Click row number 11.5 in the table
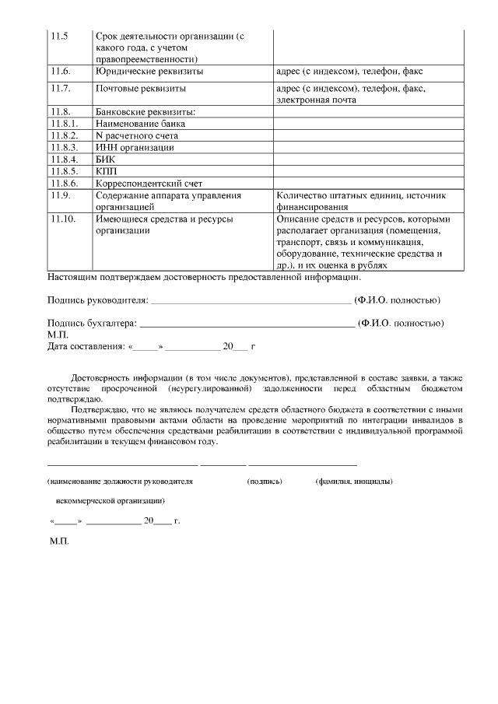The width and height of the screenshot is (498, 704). (59, 37)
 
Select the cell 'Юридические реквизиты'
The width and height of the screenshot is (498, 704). (149, 71)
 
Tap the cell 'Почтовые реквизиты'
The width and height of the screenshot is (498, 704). (142, 89)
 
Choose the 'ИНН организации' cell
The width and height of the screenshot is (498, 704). (135, 147)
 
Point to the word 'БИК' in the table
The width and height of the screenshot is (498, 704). (104, 159)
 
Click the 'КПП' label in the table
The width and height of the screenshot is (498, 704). (105, 170)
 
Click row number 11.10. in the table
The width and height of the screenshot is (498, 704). (62, 219)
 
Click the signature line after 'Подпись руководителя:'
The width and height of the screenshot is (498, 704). (250, 302)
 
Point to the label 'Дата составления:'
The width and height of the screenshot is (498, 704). (86, 346)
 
